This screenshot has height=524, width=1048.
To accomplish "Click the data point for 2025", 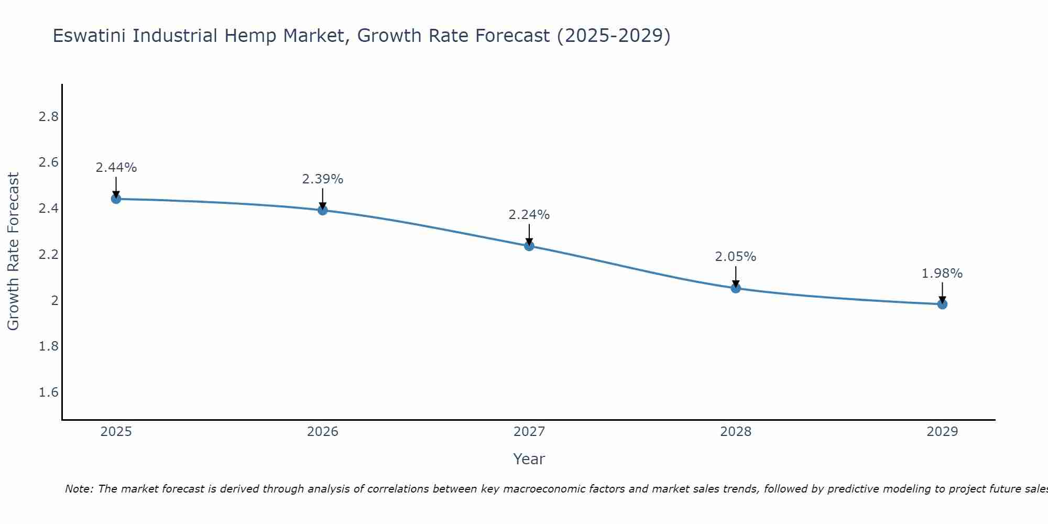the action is [116, 199].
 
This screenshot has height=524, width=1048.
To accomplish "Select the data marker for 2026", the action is [323, 210].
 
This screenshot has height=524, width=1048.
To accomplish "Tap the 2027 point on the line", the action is [529, 246].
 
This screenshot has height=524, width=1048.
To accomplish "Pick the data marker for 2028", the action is [736, 288].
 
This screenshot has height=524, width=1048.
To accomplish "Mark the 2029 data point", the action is [942, 304].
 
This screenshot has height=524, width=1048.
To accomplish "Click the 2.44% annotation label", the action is [116, 168].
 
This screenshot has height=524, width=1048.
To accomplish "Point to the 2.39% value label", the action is [323, 179].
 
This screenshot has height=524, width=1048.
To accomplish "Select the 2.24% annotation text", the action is [529, 215].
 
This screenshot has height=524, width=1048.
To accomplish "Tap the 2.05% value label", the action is [736, 257].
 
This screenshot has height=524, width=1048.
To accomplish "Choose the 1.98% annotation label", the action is [942, 274].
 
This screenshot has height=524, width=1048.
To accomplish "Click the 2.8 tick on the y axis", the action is [49, 116].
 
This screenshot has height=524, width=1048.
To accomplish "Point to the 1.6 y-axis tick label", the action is [49, 392].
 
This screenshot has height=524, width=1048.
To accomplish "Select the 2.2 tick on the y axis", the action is [49, 255].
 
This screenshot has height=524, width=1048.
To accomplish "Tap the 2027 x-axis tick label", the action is [529, 432].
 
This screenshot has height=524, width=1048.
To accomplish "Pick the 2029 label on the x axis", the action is [942, 432].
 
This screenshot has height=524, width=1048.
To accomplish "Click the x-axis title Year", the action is [529, 459].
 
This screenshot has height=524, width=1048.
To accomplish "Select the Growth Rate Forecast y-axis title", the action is [13, 252].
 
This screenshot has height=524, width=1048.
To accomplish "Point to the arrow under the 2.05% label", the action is [736, 277].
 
